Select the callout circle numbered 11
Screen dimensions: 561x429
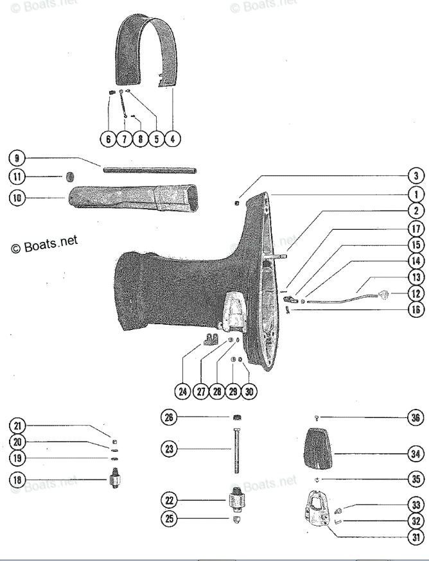(18, 177)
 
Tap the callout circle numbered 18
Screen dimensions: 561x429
(18, 479)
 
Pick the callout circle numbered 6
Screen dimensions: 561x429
(108, 138)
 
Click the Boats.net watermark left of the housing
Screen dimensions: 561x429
(44, 245)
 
